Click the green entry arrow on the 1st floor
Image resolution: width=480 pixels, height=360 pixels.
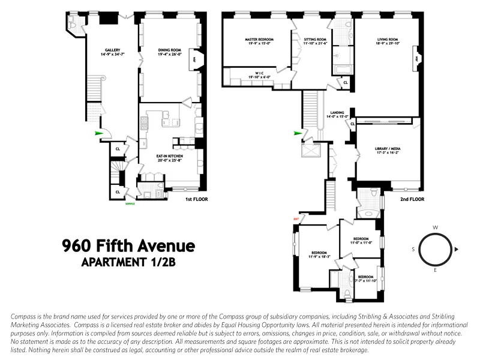pyautogui.click(x=98, y=134)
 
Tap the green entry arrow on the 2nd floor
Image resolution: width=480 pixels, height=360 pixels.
pyautogui.click(x=297, y=133)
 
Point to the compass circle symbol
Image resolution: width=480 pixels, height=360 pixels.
pyautogui.click(x=434, y=248)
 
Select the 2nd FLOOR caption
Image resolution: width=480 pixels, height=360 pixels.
pyautogui.click(x=412, y=199)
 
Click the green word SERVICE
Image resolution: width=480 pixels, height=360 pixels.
pyautogui.click(x=130, y=204)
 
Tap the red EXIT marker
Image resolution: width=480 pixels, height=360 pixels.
pyautogui.click(x=295, y=219)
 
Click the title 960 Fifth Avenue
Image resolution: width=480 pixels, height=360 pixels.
pyautogui.click(x=129, y=246)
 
